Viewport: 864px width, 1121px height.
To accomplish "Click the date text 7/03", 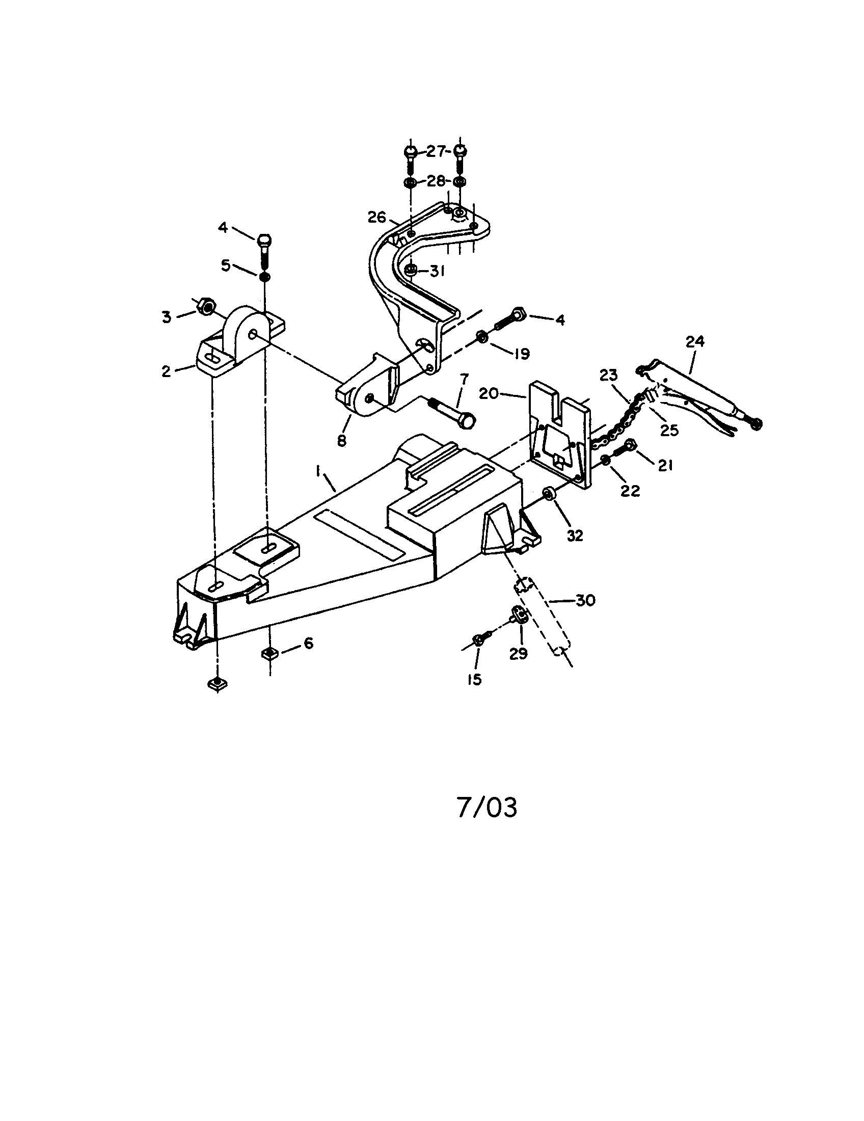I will (x=487, y=808).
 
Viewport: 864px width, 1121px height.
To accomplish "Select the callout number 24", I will (x=695, y=341).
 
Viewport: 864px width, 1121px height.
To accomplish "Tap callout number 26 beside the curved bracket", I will (x=376, y=218).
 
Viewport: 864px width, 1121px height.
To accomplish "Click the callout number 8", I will (x=342, y=440).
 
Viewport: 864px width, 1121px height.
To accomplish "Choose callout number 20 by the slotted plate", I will (x=489, y=394).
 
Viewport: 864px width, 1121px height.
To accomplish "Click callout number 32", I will (x=575, y=535).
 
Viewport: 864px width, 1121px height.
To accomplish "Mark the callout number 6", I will (x=308, y=643).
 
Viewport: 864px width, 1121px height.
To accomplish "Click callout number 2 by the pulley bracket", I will (x=166, y=370).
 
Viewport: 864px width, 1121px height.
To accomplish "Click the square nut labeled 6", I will (x=269, y=653).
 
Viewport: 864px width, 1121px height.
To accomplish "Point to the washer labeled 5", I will (x=265, y=277).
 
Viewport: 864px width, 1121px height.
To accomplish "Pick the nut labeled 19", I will (x=482, y=337).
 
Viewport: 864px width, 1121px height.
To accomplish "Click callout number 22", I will (x=630, y=491).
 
